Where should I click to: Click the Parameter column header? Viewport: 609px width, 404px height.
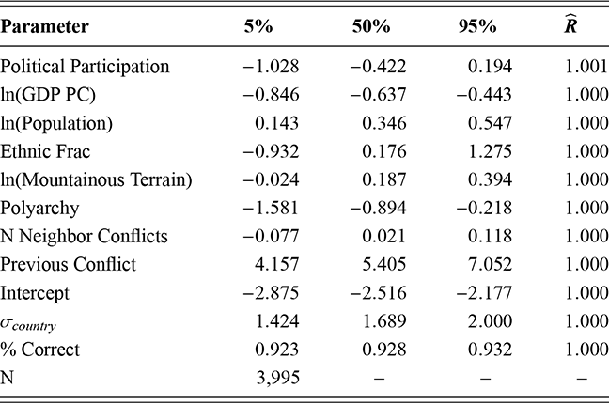coord(45,26)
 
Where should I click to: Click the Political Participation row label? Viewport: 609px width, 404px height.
coord(86,67)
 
